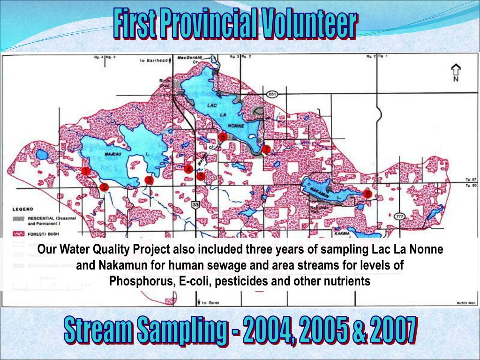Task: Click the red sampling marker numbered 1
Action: (86, 172)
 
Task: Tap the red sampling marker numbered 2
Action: (104, 187)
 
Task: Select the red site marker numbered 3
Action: (149, 180)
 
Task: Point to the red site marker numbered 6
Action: (223, 136)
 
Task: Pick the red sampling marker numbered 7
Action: (266, 150)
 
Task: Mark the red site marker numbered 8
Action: (367, 193)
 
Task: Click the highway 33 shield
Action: (195, 205)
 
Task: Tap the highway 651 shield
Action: (271, 94)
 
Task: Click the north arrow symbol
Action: (455, 72)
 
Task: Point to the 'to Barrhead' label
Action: (154, 60)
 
